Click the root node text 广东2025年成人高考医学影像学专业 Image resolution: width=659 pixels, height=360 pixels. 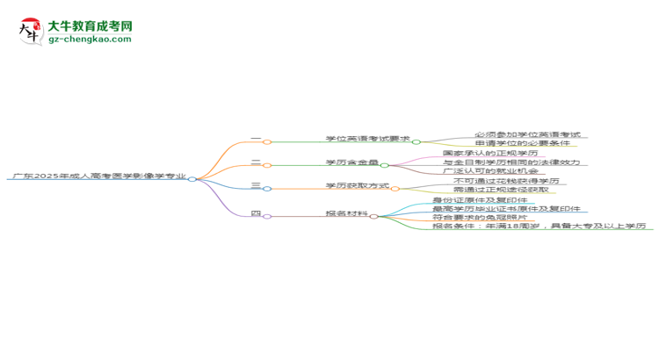[x=98, y=176]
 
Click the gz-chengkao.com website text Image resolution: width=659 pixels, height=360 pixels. [x=91, y=40]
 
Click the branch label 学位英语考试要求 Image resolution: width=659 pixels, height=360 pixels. [x=367, y=139]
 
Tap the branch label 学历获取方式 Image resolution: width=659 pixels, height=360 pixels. [x=357, y=186]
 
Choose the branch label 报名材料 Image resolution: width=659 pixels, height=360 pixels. [x=347, y=213]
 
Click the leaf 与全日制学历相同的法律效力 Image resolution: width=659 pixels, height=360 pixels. [x=511, y=162]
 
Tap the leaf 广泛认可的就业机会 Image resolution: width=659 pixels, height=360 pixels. [x=491, y=171]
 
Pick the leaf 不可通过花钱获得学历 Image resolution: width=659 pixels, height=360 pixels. [x=505, y=181]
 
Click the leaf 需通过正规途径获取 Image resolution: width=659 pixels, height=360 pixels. [x=501, y=190]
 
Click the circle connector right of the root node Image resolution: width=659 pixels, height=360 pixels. [x=192, y=178]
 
